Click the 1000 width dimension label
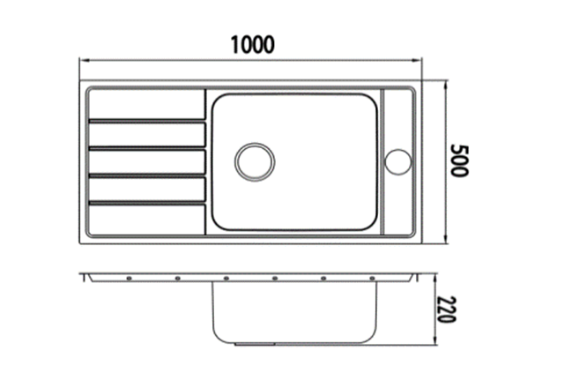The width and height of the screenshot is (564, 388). point(252,45)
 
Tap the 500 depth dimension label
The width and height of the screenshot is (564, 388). point(460,160)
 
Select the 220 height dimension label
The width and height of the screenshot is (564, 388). point(447,310)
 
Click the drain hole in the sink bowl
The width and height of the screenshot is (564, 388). point(255,162)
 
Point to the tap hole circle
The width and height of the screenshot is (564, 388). point(397,162)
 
